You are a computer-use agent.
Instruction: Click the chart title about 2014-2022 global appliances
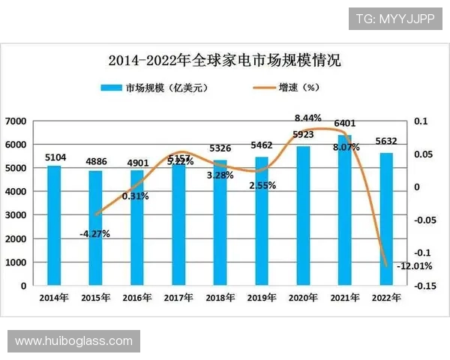(x=224, y=58)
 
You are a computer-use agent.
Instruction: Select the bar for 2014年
(x=54, y=225)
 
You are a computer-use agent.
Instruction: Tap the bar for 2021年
(x=344, y=210)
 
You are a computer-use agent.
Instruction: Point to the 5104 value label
(x=55, y=157)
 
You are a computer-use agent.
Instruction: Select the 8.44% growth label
(x=307, y=118)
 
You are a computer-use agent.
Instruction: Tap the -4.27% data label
(x=94, y=233)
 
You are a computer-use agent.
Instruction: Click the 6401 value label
(x=344, y=123)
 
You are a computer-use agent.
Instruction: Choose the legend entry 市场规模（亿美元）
(x=154, y=88)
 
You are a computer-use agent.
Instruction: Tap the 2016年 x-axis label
(x=136, y=297)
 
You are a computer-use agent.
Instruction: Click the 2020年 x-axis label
(x=302, y=297)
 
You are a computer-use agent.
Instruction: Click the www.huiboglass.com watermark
(x=73, y=341)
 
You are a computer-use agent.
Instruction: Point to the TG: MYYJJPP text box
(x=395, y=19)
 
